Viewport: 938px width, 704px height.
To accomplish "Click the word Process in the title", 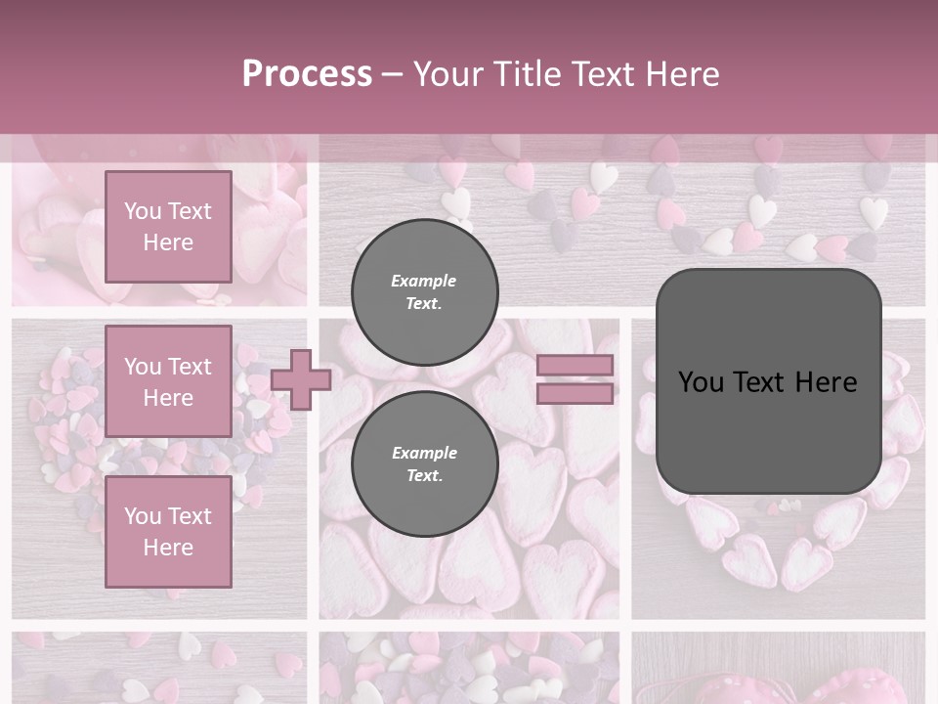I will [307, 74].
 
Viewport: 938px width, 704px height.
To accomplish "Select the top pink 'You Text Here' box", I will [168, 227].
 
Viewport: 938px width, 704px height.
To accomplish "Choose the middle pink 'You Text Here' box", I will [168, 381].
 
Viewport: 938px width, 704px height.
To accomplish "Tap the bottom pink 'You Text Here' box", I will [168, 532].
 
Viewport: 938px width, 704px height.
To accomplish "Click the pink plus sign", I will [301, 379].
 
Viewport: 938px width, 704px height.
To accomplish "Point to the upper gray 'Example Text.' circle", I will [424, 291].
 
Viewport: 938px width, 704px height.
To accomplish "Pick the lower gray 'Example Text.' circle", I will [424, 463].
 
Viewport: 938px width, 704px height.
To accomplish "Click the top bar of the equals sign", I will [575, 365].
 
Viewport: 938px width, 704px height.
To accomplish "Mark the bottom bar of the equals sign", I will [575, 394].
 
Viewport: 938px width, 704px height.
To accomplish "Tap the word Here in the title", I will [681, 74].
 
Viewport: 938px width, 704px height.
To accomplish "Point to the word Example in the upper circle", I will [424, 281].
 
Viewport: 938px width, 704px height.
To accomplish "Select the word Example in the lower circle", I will [424, 453].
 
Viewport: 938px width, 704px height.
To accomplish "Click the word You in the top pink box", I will [143, 211].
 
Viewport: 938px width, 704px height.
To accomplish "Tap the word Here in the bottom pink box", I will [168, 548].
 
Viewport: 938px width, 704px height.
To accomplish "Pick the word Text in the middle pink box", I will [189, 367].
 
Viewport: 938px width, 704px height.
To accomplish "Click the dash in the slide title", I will [393, 74].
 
